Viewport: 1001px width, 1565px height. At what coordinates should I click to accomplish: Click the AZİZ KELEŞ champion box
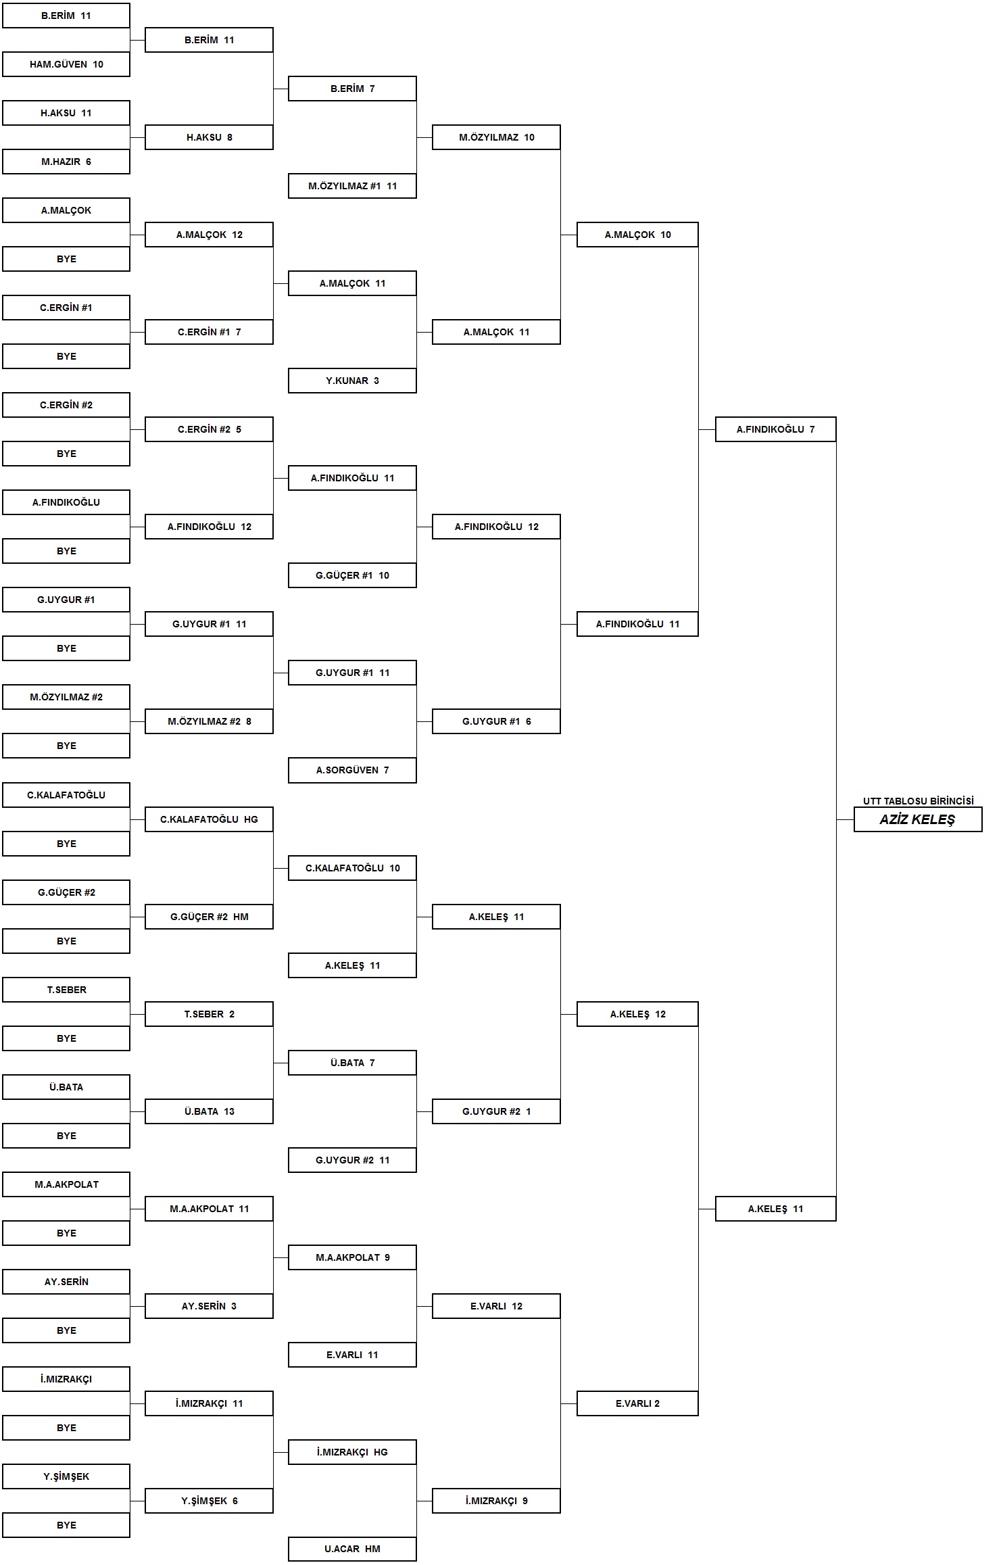click(x=918, y=819)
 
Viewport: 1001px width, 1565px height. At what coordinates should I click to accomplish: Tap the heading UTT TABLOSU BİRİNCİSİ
click(x=918, y=801)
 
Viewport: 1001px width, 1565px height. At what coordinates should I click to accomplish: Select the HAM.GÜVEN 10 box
click(x=66, y=64)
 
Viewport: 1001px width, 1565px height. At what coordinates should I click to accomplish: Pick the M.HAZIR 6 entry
click(x=66, y=162)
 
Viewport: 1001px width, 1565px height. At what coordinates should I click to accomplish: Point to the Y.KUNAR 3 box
click(x=352, y=381)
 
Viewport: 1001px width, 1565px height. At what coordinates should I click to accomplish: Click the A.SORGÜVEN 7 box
click(x=352, y=770)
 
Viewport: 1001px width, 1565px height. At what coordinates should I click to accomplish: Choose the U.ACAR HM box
click(x=352, y=1549)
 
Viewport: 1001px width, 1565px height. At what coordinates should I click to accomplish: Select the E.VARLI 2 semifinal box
click(x=637, y=1403)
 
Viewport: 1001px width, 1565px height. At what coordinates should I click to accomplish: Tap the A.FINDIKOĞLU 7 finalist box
click(x=776, y=429)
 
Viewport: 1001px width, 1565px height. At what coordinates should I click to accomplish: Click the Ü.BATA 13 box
click(x=209, y=1111)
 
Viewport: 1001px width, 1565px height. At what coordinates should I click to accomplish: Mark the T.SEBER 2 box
click(x=209, y=1014)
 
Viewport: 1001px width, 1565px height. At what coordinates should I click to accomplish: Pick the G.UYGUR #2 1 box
click(x=496, y=1111)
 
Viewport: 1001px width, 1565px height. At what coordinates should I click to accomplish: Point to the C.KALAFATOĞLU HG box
click(x=209, y=819)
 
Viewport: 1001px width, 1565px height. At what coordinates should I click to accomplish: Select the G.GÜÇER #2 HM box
click(x=209, y=917)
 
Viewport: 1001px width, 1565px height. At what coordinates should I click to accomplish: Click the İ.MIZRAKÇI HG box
click(x=352, y=1452)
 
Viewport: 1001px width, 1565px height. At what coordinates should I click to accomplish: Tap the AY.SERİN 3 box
click(x=209, y=1306)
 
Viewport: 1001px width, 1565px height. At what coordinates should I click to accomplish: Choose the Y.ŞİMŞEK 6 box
click(x=209, y=1501)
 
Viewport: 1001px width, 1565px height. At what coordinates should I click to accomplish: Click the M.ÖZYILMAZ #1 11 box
click(x=352, y=186)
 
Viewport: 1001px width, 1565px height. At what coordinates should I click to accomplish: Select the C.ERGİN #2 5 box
click(x=209, y=429)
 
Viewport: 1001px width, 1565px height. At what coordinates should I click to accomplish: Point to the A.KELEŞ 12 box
click(x=637, y=1014)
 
